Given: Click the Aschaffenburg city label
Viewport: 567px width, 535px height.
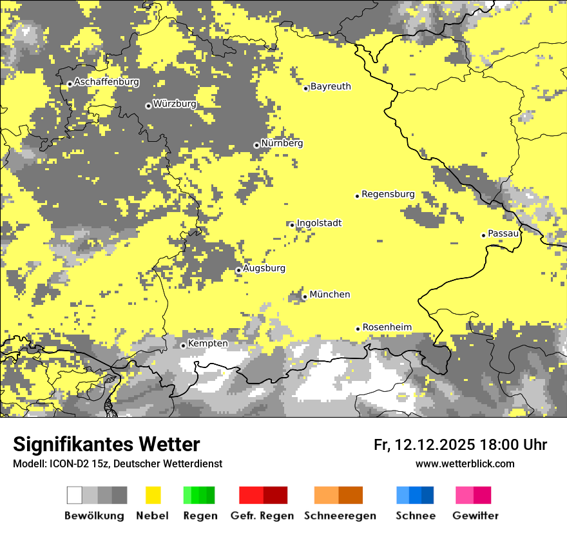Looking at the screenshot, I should (106, 82).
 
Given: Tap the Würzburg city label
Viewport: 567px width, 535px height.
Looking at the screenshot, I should (175, 103).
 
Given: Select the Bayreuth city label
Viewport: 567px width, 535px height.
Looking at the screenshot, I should (331, 86).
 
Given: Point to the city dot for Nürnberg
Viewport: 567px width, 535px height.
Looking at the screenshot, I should (256, 145).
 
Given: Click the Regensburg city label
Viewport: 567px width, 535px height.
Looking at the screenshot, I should (388, 194).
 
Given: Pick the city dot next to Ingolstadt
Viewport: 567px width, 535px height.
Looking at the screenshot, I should (292, 225).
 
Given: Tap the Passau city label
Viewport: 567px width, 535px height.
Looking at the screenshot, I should (503, 233).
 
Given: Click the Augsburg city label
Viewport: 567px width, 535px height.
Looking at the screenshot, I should (264, 268).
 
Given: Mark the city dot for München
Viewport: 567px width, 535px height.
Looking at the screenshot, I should (305, 297).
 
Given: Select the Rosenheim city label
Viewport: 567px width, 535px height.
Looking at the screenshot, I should (387, 327).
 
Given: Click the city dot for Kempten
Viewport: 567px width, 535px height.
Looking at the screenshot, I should (183, 345).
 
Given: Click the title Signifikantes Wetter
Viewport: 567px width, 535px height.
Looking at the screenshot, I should (106, 445).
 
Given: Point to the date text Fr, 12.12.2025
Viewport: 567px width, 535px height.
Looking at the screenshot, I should (424, 445).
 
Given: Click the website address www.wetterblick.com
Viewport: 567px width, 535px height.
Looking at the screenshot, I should (465, 463).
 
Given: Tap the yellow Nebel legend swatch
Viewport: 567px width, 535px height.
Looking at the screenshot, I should (153, 495).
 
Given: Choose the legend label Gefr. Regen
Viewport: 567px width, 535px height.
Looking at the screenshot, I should (262, 516).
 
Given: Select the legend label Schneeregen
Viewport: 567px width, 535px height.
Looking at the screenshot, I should (340, 516).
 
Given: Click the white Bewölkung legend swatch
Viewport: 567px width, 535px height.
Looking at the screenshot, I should (74, 495).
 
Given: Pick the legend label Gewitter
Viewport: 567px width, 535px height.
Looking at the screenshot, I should (476, 516).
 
